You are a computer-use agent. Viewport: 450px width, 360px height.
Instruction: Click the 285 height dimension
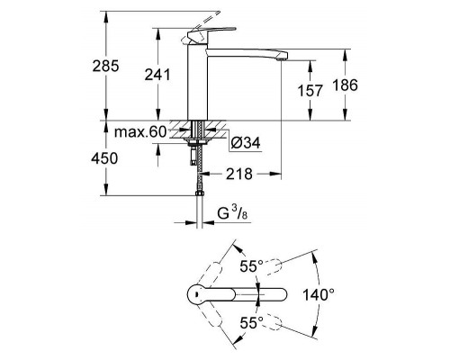coord(105,66)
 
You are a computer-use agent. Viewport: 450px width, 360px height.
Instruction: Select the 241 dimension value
coord(157,75)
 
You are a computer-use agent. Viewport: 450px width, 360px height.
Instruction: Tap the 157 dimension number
coord(310,91)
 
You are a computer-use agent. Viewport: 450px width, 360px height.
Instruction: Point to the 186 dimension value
coord(345,85)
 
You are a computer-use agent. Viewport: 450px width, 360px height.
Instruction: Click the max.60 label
coord(140,131)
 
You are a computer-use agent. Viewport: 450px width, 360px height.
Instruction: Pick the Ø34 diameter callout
coord(246,143)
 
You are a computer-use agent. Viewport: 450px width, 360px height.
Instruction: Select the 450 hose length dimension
coord(104,158)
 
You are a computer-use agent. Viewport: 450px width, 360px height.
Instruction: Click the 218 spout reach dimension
coord(239,174)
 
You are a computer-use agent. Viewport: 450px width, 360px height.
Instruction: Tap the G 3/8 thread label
coord(232,213)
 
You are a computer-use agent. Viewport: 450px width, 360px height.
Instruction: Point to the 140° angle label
coord(319,294)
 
